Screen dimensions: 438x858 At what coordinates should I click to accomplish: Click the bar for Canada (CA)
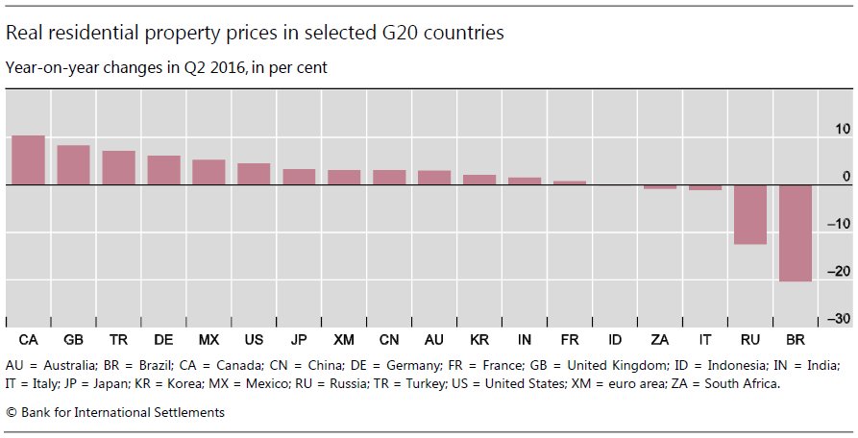[x=28, y=159]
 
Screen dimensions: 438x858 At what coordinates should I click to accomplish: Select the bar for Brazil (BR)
[x=795, y=232]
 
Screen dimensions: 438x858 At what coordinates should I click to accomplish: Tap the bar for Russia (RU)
[x=749, y=214]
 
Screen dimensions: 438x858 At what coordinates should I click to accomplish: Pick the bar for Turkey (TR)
[x=118, y=167]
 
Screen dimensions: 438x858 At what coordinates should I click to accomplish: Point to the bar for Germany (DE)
[x=163, y=170]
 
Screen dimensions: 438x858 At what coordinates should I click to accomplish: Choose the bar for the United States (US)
[x=254, y=174]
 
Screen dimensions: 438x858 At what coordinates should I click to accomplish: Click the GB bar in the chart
[x=73, y=164]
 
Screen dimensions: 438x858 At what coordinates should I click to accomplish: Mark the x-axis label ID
[x=615, y=340]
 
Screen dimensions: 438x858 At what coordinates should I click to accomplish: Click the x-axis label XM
[x=344, y=340]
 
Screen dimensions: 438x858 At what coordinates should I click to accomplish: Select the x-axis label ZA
[x=659, y=340]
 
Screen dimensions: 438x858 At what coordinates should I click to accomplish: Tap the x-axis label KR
[x=479, y=340]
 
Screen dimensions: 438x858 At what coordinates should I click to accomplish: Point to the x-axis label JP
[x=299, y=340]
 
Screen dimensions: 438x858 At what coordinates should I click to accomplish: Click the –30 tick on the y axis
[x=839, y=319]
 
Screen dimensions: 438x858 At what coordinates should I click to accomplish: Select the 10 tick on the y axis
[x=843, y=129]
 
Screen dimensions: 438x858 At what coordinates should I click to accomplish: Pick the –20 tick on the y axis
[x=839, y=272]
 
